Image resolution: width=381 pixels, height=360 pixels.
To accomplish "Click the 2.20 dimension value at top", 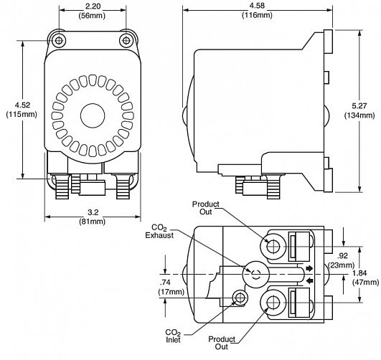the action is click(x=93, y=6).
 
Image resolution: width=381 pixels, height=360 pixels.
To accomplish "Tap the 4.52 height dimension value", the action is click(x=22, y=105).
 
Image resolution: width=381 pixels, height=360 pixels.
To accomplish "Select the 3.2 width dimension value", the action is click(x=93, y=212).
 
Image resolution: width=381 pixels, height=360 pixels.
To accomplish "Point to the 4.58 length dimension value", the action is click(x=257, y=6).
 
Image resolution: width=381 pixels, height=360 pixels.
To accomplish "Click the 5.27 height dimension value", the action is click(x=359, y=106).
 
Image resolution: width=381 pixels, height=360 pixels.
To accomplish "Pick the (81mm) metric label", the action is click(x=93, y=222).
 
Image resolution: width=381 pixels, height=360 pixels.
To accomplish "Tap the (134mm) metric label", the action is click(x=359, y=115).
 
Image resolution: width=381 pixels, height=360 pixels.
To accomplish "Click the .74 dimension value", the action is click(x=165, y=283).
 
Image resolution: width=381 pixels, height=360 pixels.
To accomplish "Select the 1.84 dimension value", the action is click(x=359, y=273).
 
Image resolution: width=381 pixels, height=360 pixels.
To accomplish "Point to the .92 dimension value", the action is click(x=342, y=255).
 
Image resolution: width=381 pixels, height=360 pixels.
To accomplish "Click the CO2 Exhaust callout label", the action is click(x=159, y=232).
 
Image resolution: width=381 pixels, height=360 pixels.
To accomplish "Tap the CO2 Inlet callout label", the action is click(x=173, y=336).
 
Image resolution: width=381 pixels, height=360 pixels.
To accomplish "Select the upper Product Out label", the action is click(x=205, y=208).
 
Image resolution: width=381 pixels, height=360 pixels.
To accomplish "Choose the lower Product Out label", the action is click(x=222, y=343).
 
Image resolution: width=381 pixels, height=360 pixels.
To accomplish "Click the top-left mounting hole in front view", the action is click(x=59, y=40).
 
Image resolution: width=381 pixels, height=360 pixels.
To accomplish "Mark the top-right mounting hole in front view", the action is click(x=126, y=40).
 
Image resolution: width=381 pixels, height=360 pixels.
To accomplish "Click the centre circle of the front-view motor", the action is click(x=93, y=115).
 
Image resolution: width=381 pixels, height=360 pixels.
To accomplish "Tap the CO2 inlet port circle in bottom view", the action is click(x=240, y=298).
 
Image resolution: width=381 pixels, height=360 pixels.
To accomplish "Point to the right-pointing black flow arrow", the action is click(x=309, y=268).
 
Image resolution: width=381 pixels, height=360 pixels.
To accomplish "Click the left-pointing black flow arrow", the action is click(x=309, y=281).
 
